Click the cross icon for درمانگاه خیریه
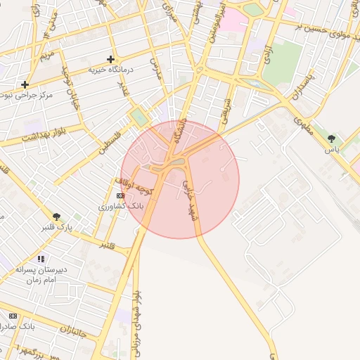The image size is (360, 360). pos(110,60)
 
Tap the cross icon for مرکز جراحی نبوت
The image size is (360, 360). pos(25,84)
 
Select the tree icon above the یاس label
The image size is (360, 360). pos(332,139)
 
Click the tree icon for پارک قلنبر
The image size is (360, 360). pos(57,217)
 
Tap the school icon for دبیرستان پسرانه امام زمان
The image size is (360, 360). pos(40,259)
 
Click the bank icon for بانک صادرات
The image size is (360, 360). pos(12,316)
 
